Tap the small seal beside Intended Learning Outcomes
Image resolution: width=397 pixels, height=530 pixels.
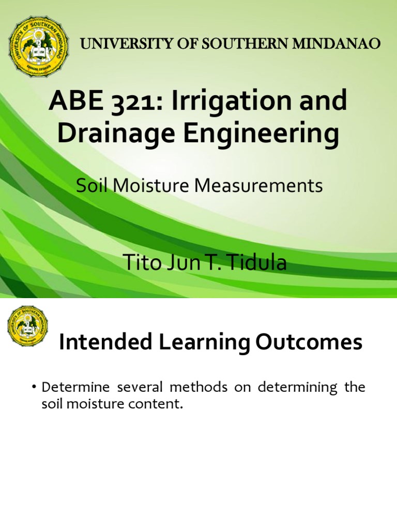point(27,327)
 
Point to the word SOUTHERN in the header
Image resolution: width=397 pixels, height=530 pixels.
point(234,44)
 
